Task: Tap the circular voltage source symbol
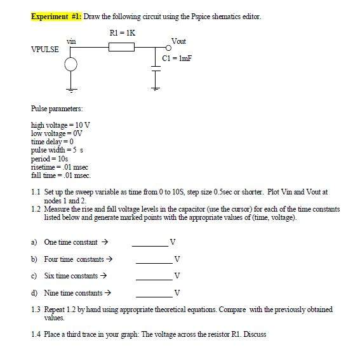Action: click(x=70, y=64)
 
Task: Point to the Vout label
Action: click(x=178, y=41)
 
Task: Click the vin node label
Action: click(x=72, y=40)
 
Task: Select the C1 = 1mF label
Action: click(x=177, y=58)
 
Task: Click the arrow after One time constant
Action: click(x=105, y=243)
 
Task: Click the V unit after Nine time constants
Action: click(x=176, y=294)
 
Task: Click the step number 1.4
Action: click(x=36, y=334)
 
